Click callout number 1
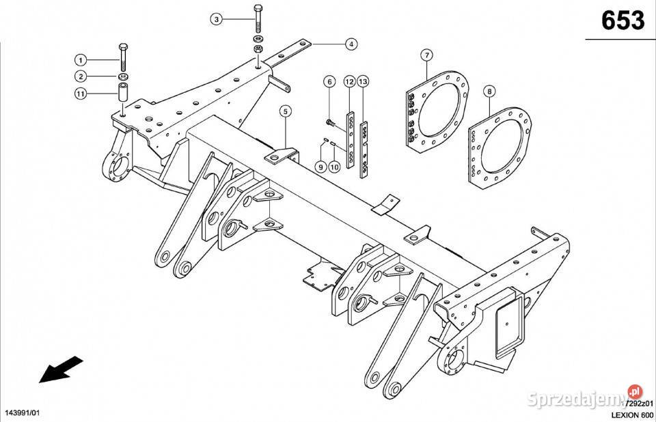pos(80,59)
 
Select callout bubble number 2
pos(80,76)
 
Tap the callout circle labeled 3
pos(217,19)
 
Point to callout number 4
pos(350,44)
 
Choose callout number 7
pos(426,54)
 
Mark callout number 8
pos(489,90)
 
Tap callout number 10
pos(334,166)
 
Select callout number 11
pos(80,94)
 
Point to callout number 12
pos(348,82)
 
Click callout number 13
pos(363,82)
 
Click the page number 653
pos(623,21)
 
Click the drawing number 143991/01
pos(23,414)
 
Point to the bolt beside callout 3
pos(258,19)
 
